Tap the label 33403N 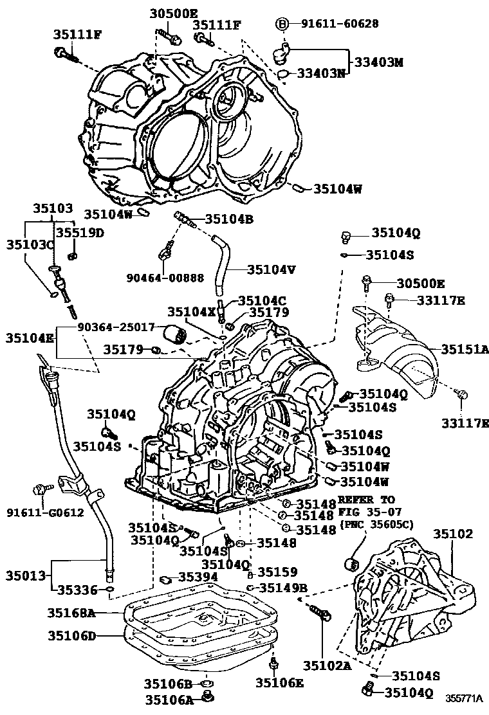(321, 73)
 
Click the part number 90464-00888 (166, 278)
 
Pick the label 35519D (79, 232)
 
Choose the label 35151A (465, 349)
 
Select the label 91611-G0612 (36, 512)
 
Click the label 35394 (199, 577)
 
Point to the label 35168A (71, 613)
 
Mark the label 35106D (71, 636)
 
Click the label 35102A (328, 666)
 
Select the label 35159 (277, 572)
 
